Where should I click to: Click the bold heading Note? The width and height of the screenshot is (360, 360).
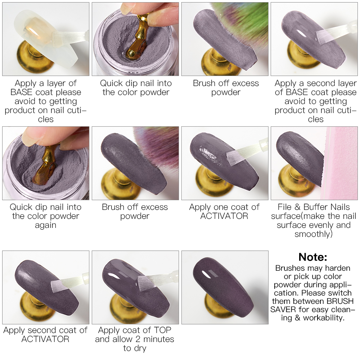tap(313, 257)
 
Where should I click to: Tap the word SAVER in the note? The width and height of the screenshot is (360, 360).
tap(283, 310)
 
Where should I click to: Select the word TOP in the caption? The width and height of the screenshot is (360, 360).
tap(163, 330)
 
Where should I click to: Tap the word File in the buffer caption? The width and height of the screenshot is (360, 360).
tap(284, 207)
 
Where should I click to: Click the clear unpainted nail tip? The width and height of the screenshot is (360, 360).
tap(46, 39)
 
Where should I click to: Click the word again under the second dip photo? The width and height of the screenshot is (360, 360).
tap(45, 225)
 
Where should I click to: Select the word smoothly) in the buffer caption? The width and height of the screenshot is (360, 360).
tap(314, 234)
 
